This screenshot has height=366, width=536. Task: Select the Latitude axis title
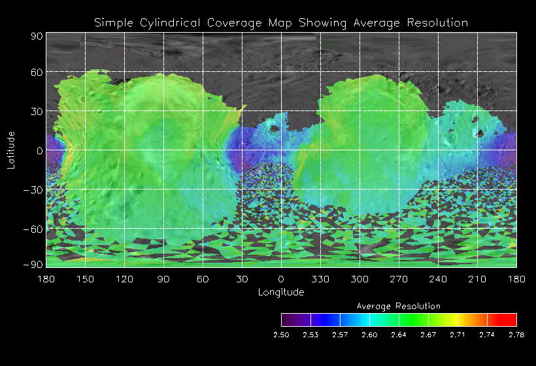10,150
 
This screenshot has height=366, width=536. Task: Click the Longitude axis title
281,291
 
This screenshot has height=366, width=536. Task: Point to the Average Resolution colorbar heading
399,306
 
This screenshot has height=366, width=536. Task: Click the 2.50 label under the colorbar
281,335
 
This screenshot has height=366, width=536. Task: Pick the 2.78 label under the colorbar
516,335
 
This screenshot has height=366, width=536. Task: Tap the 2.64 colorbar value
399,335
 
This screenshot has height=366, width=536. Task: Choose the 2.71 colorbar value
458,335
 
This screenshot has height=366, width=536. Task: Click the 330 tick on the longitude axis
320,278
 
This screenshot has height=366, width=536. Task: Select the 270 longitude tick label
399,278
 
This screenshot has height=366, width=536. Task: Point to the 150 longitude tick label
85,278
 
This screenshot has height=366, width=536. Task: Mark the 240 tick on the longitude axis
438,278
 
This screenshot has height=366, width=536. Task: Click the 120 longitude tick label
124,278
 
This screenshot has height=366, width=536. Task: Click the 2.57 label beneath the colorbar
340,335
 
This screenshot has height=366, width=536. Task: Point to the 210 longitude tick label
477,278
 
